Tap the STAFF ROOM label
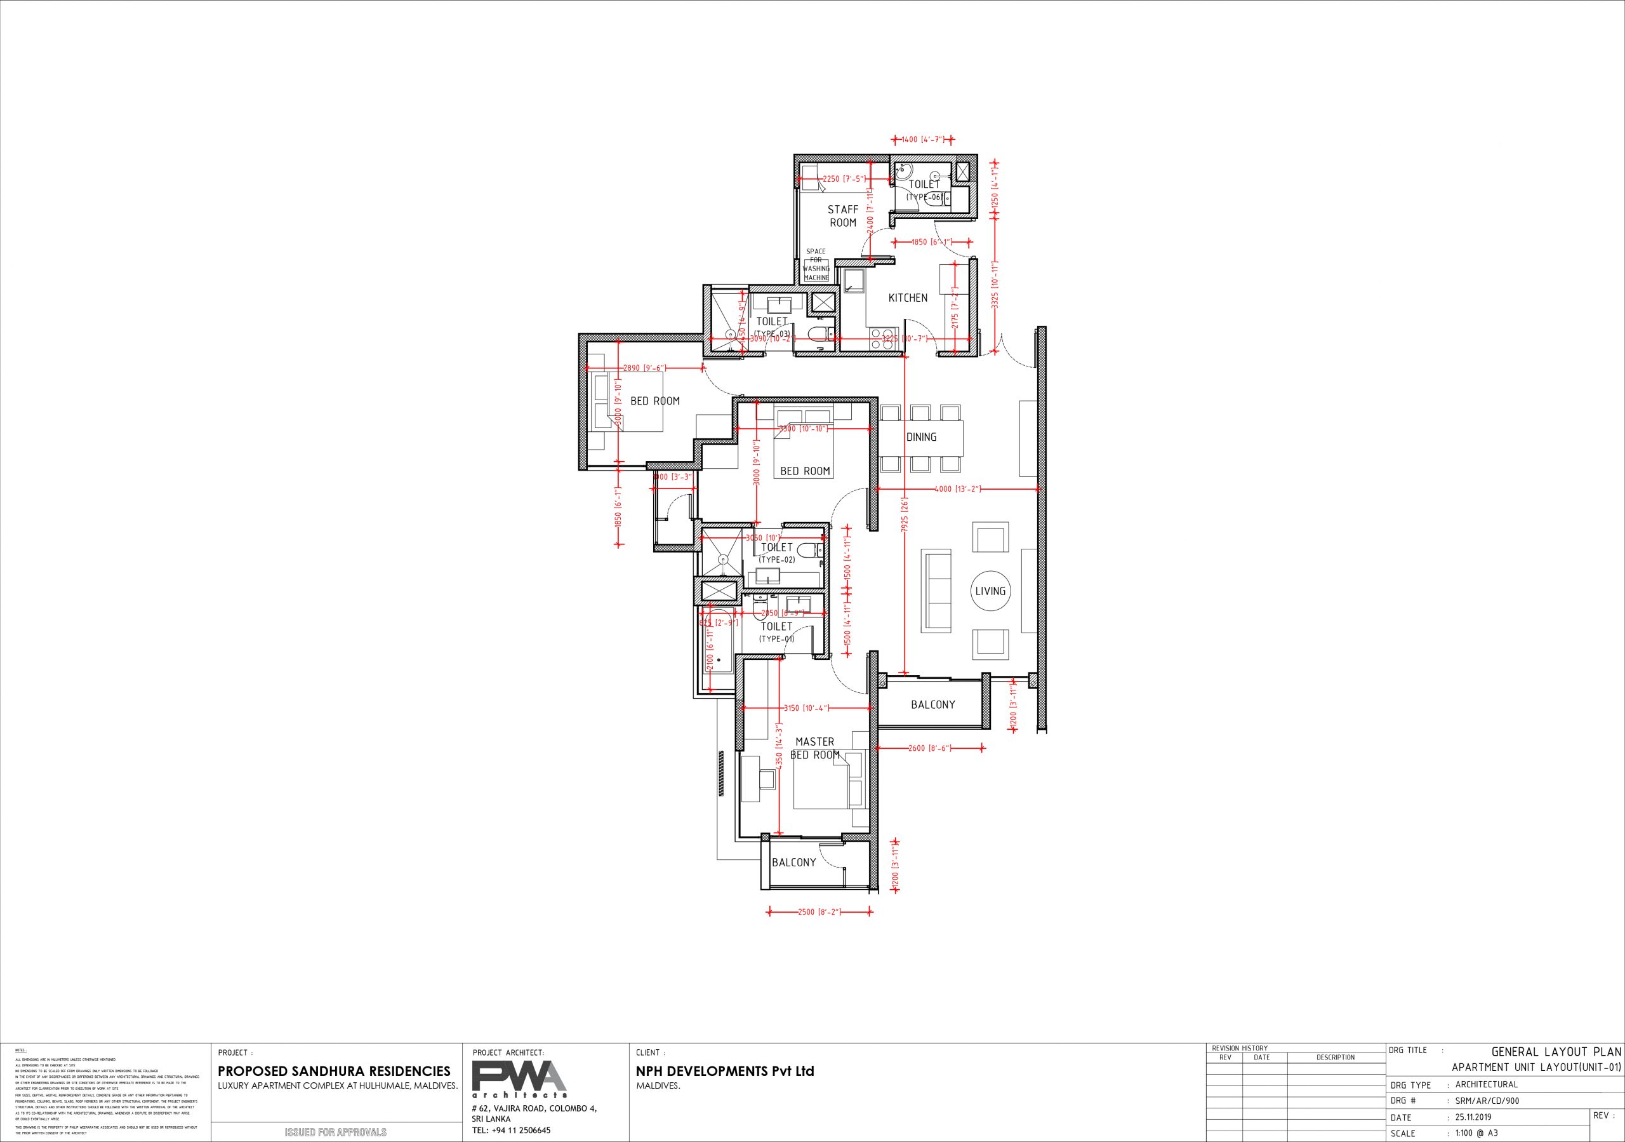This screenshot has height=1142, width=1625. click(x=843, y=216)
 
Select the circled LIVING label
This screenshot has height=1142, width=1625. click(x=990, y=591)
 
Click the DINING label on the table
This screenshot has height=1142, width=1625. click(x=921, y=438)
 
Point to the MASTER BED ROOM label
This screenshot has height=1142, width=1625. click(x=814, y=748)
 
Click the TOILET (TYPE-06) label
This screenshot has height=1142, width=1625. click(x=924, y=191)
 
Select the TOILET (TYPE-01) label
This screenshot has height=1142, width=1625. click(x=776, y=632)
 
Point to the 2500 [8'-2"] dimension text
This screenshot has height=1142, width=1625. click(x=819, y=913)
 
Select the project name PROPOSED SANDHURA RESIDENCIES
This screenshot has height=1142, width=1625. click(x=334, y=1071)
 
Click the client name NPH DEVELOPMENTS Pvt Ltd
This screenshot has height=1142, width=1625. click(x=725, y=1071)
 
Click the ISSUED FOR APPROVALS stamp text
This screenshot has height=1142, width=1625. click(x=336, y=1132)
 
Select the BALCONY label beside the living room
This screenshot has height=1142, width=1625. click(x=933, y=704)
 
